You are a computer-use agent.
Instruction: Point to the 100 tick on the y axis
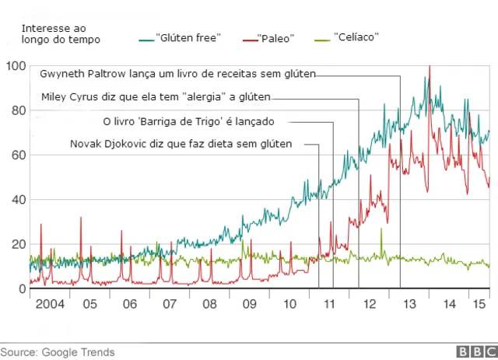click(16, 67)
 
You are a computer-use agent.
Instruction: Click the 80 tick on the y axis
click(16, 111)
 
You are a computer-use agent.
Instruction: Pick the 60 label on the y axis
click(16, 156)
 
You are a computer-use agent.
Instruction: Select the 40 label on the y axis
click(16, 200)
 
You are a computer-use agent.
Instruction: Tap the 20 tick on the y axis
click(16, 244)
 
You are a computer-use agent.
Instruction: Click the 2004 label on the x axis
click(50, 303)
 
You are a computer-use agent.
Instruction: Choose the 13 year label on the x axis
click(409, 303)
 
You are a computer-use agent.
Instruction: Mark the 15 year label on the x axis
click(481, 303)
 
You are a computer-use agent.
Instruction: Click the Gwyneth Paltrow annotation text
click(182, 75)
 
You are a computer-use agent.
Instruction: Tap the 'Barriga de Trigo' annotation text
click(189, 121)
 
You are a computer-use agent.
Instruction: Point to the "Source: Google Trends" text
click(58, 352)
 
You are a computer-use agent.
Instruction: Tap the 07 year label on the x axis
click(170, 303)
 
